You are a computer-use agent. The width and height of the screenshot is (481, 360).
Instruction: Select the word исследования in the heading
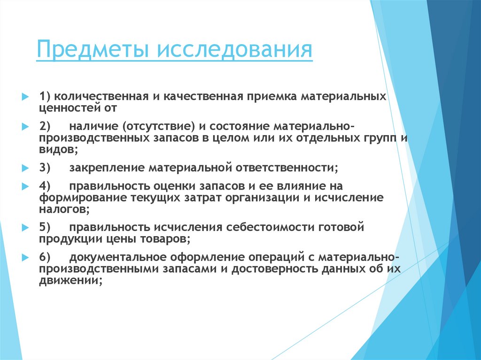pos(234,50)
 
